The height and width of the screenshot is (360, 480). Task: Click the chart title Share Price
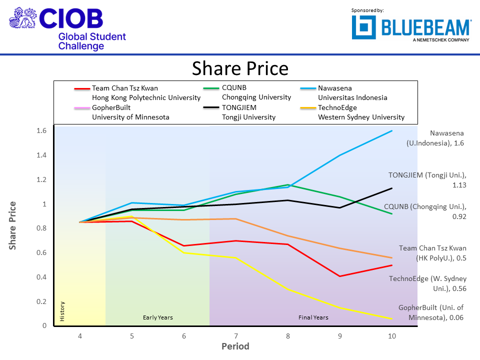240,68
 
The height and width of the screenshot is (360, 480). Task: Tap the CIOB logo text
70,18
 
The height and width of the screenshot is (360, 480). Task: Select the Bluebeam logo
411,27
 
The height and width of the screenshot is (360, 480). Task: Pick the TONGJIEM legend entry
248,112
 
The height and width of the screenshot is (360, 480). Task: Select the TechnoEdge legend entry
361,112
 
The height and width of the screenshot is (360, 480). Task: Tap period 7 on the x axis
236,336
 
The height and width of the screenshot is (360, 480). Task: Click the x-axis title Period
235,346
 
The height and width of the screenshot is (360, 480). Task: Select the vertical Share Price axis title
12,225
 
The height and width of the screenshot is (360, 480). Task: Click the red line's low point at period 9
340,276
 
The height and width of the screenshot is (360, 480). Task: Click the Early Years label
157,317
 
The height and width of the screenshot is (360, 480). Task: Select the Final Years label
313,317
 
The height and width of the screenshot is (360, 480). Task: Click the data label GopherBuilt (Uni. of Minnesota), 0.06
431,312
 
